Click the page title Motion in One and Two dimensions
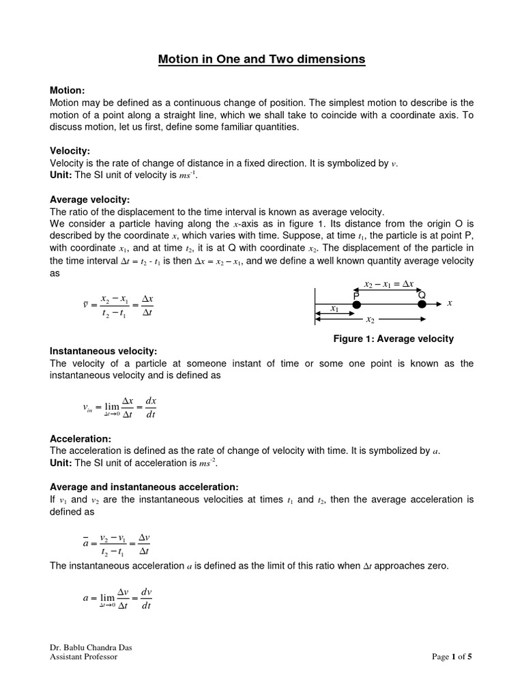click(x=262, y=59)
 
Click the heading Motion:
click(x=68, y=90)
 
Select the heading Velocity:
click(x=70, y=151)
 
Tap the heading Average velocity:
click(x=89, y=199)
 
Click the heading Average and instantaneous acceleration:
click(x=144, y=487)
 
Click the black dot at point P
click(x=357, y=304)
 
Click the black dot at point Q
click(x=422, y=304)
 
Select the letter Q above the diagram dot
click(x=422, y=294)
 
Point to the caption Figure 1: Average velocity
click(x=393, y=339)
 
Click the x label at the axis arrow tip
click(x=450, y=303)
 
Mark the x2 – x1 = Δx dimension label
click(x=389, y=283)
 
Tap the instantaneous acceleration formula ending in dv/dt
click(x=117, y=598)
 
